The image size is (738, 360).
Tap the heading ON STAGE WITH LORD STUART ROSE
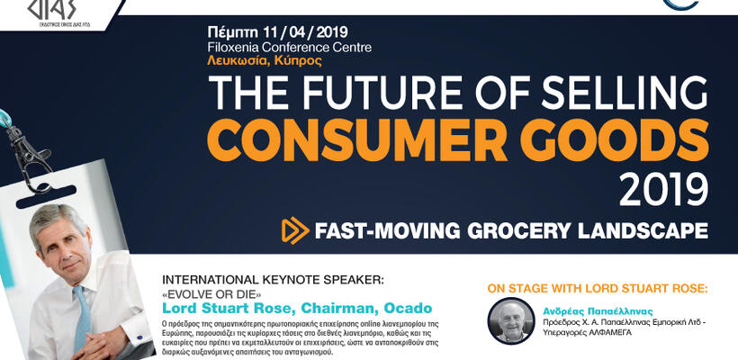click(598, 288)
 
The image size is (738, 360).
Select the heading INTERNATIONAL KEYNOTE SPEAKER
click(256, 280)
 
